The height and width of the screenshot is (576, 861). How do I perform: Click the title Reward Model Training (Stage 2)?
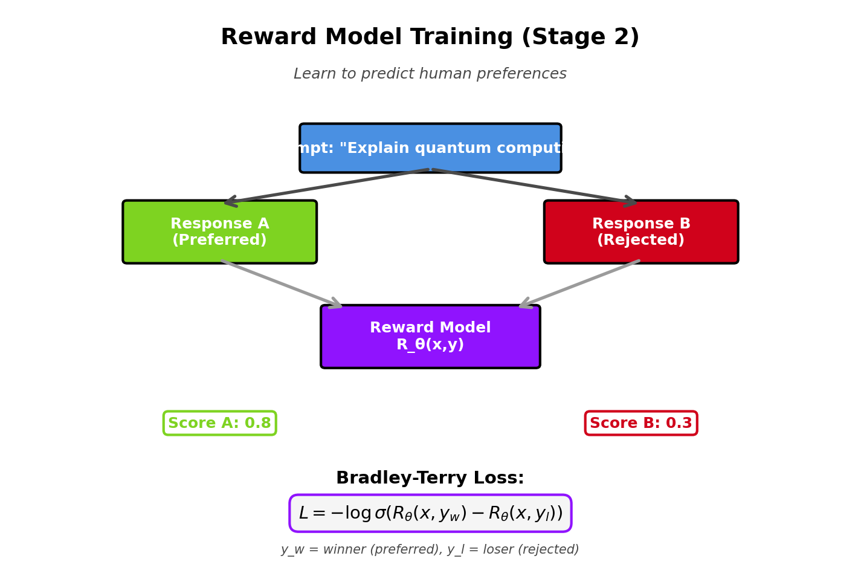pos(430,37)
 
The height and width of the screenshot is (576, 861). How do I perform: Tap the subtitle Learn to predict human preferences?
pos(430,74)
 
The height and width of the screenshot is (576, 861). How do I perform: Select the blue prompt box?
pos(430,149)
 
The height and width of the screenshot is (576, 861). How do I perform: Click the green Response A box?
pos(219,232)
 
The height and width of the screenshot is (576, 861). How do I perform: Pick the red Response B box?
pos(640,232)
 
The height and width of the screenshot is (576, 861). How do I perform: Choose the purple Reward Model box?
pos(430,337)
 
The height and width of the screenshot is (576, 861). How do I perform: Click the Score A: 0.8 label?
pos(219,423)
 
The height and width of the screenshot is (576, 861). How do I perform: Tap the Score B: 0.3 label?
pos(640,423)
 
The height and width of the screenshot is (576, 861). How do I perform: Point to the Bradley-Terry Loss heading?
pos(430,478)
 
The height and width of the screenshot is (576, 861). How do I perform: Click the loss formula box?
pos(430,513)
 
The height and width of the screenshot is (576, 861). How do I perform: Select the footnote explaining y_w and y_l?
pos(430,549)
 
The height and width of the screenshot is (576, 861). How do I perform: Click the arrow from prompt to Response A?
pos(326,187)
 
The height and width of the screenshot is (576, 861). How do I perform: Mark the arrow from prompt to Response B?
pos(535,187)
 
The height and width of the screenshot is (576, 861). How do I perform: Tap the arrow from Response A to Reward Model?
pos(282,284)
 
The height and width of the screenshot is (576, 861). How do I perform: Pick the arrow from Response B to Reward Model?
pos(579,284)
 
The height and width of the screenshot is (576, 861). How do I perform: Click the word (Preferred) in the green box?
pos(219,241)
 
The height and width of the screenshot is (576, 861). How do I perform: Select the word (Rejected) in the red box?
pos(640,241)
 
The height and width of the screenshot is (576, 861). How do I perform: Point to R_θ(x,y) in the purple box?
pos(430,345)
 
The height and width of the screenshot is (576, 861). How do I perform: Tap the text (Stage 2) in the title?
pos(580,37)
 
